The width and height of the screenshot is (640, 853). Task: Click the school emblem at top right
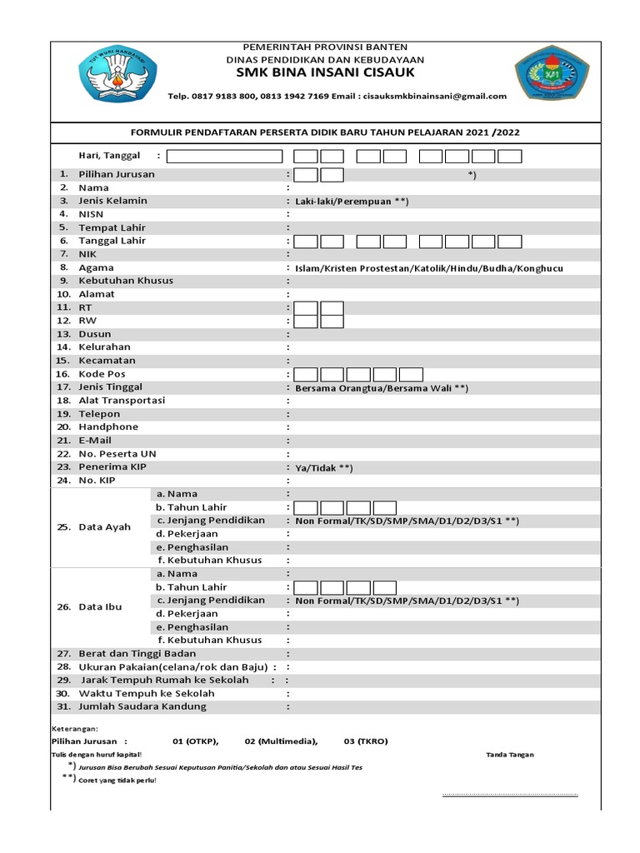pos(552,77)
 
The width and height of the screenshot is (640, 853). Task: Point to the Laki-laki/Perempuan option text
pos(351,202)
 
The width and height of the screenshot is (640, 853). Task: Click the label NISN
pos(92,214)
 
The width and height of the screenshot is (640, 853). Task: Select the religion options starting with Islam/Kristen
pos(428,268)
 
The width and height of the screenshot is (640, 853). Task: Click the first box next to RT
pos(306,308)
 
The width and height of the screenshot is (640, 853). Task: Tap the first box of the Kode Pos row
pos(306,374)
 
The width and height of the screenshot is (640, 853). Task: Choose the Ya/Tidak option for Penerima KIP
pos(323,468)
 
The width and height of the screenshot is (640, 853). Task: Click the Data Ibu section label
pos(100,607)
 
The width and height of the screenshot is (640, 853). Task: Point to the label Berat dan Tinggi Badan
pos(137,654)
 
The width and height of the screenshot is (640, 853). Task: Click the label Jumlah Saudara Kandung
pos(142,706)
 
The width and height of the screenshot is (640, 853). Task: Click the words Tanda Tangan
pos(510,755)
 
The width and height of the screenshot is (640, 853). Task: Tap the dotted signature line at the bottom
pos(509,796)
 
